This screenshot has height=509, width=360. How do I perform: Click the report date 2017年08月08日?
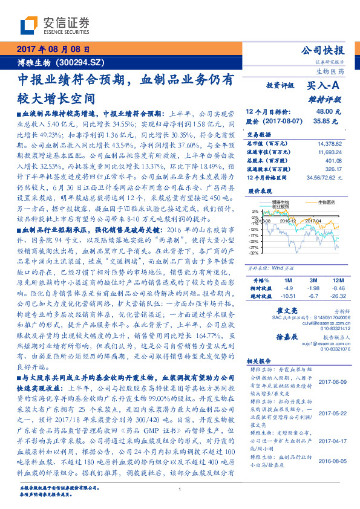pos(53,49)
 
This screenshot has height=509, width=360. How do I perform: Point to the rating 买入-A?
pos(323,86)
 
